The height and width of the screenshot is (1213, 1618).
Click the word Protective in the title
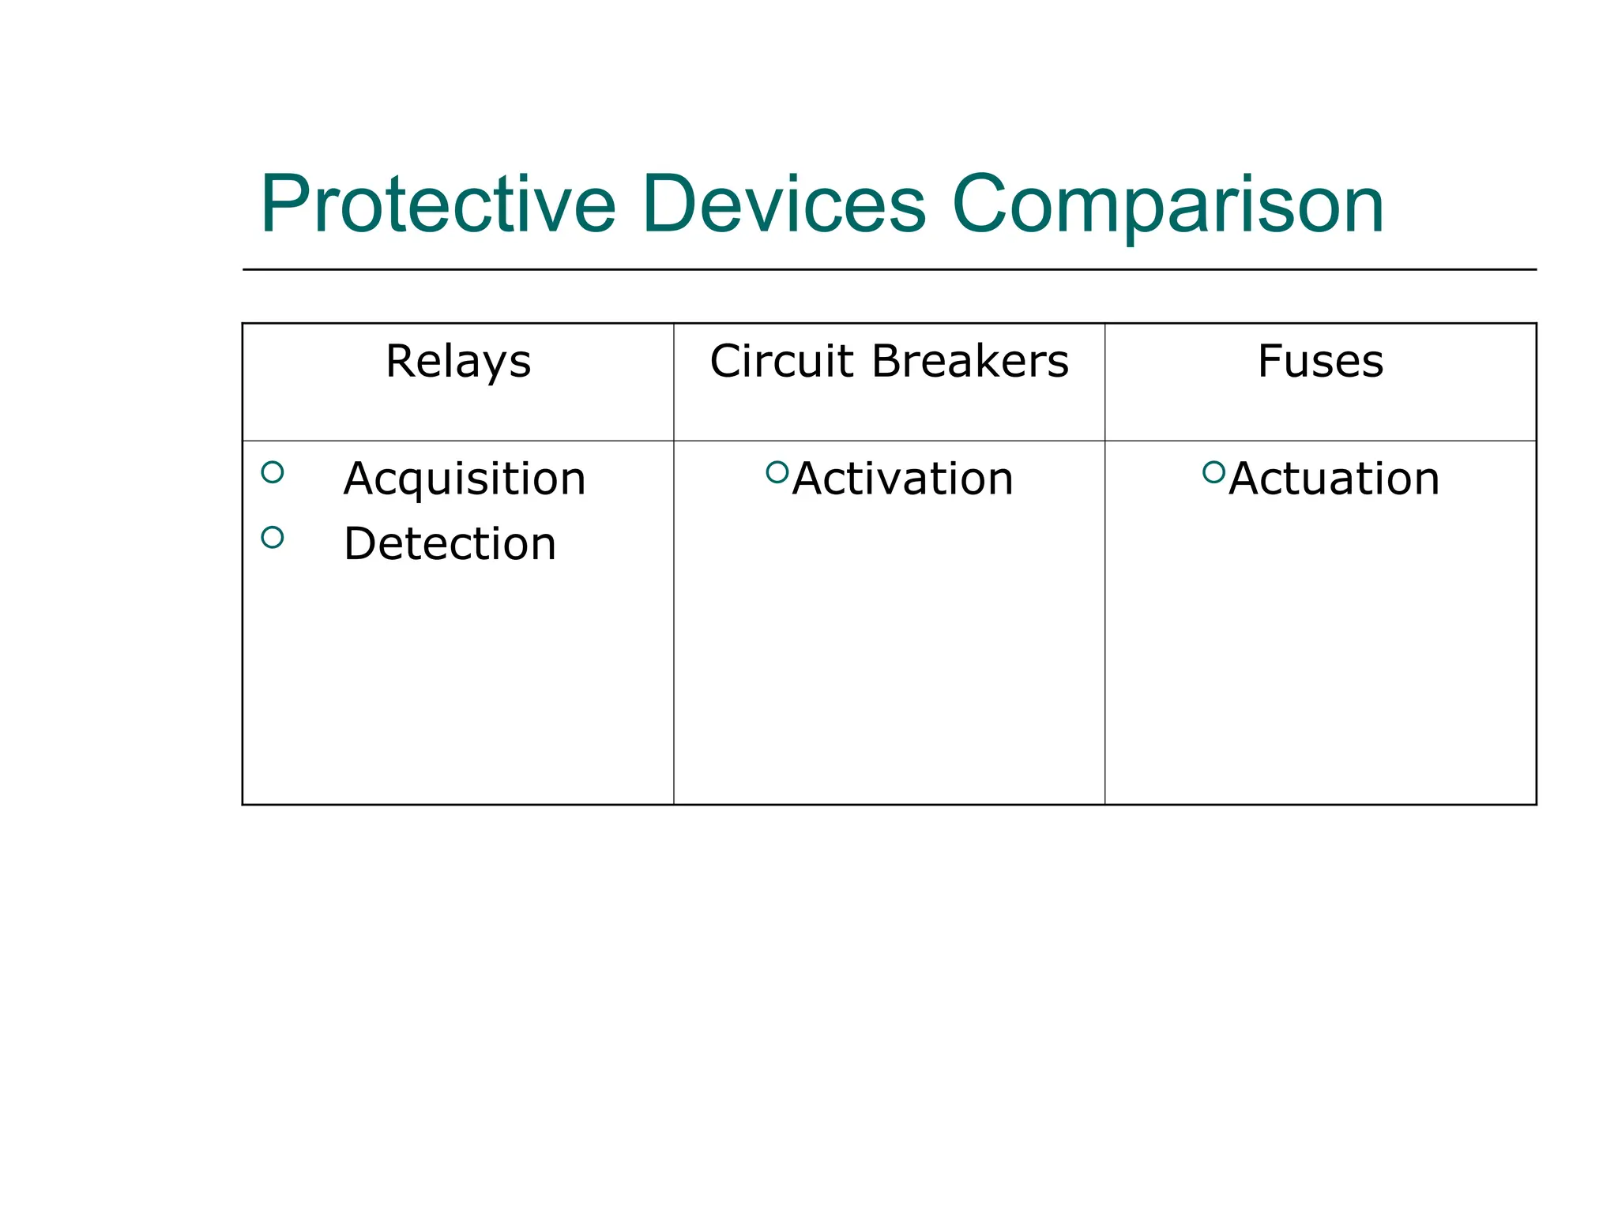point(438,205)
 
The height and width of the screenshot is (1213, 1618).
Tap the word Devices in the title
point(783,205)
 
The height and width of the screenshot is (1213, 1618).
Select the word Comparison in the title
point(1168,205)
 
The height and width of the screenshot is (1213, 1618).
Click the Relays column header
point(458,362)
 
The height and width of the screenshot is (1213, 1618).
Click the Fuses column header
point(1320,362)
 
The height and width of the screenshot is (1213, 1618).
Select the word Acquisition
point(465,479)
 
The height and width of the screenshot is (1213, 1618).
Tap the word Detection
point(450,544)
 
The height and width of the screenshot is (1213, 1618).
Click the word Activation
point(903,479)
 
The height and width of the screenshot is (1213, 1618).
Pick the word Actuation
point(1334,479)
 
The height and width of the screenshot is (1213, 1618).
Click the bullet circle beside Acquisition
point(273,472)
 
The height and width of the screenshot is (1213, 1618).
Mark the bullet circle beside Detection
point(273,538)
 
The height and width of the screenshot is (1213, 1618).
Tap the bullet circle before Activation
point(777,472)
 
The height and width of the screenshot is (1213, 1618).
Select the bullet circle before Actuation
point(1213,472)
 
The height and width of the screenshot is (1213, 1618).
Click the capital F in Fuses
point(1270,362)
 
